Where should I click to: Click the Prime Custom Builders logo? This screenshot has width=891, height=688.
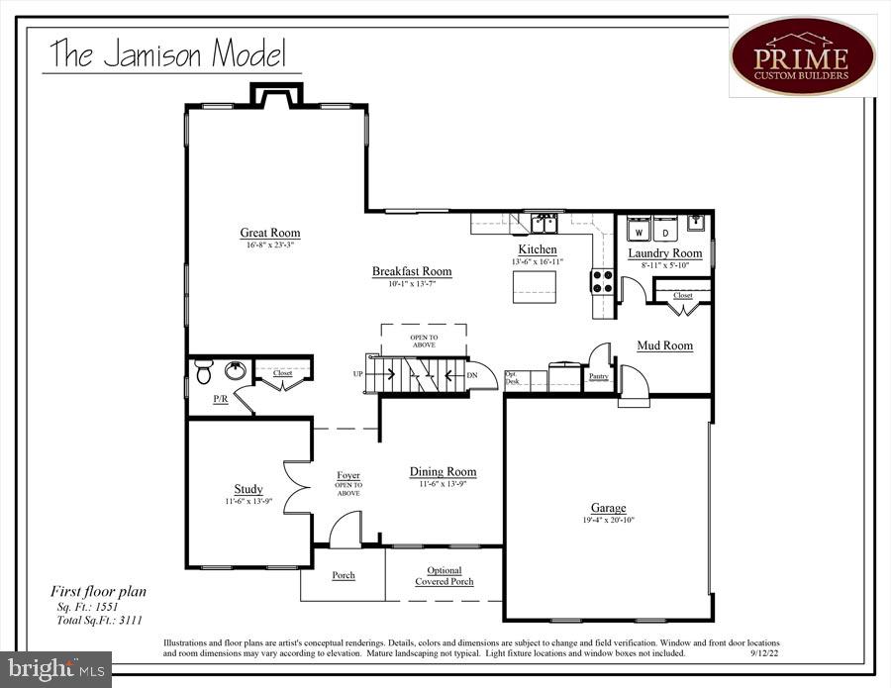pyautogui.click(x=803, y=55)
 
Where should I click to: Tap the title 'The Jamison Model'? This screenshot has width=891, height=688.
pyautogui.click(x=168, y=53)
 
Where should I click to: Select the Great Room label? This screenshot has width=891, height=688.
pyautogui.click(x=270, y=234)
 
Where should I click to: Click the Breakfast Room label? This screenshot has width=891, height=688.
pyautogui.click(x=412, y=271)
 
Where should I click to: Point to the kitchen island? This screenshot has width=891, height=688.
pyautogui.click(x=534, y=287)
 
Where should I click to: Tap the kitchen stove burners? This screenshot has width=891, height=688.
pyautogui.click(x=603, y=281)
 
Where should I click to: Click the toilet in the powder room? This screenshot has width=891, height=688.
pyautogui.click(x=204, y=372)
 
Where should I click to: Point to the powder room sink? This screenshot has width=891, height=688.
pyautogui.click(x=236, y=371)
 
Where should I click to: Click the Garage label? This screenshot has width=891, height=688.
pyautogui.click(x=608, y=508)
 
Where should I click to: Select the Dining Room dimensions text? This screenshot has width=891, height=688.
pyautogui.click(x=443, y=484)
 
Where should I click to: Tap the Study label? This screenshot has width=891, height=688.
pyautogui.click(x=248, y=489)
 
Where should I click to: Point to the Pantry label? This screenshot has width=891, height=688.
pyautogui.click(x=598, y=376)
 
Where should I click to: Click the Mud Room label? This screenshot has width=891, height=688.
pyautogui.click(x=664, y=345)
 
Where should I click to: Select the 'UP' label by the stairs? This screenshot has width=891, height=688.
pyautogui.click(x=358, y=374)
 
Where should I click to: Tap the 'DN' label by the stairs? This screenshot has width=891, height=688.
pyautogui.click(x=472, y=374)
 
